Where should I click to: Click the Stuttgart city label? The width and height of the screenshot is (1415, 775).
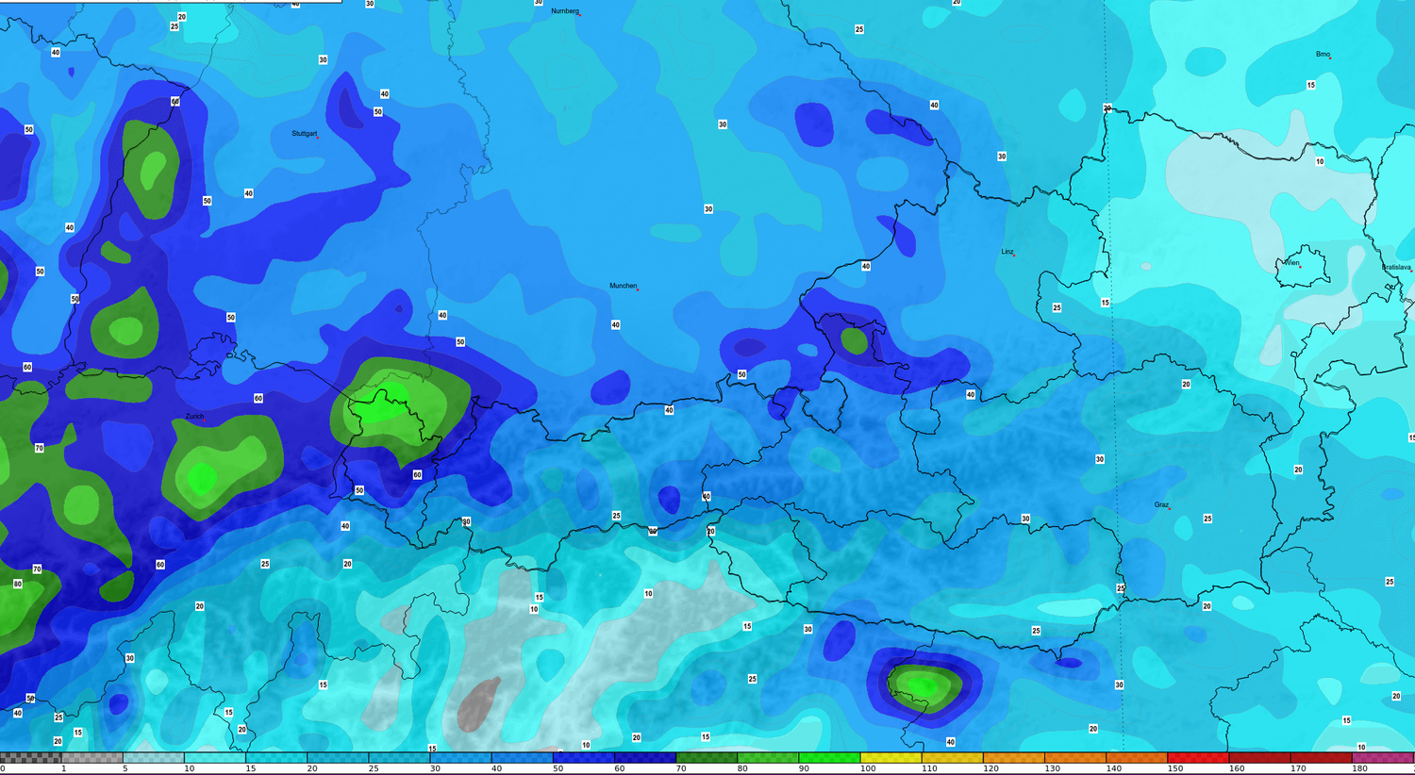pyautogui.click(x=304, y=134)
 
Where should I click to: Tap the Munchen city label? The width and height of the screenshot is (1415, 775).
pyautogui.click(x=623, y=286)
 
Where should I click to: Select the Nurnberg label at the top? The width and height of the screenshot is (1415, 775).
pyautogui.click(x=564, y=11)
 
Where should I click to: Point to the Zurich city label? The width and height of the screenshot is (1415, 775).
pyautogui.click(x=194, y=416)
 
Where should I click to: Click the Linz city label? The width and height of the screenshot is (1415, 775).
pyautogui.click(x=1007, y=252)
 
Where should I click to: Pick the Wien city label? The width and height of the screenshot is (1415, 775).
pyautogui.click(x=1291, y=263)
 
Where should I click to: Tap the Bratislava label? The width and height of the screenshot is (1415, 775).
pyautogui.click(x=1396, y=268)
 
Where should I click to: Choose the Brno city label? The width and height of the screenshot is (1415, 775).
pyautogui.click(x=1323, y=55)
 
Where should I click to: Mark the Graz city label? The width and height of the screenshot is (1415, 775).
pyautogui.click(x=1161, y=505)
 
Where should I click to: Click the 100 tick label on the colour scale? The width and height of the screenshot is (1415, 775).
pyautogui.click(x=868, y=769)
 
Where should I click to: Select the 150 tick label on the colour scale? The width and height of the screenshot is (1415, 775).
pyautogui.click(x=1175, y=769)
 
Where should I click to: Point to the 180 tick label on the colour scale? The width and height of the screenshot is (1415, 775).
pyautogui.click(x=1359, y=769)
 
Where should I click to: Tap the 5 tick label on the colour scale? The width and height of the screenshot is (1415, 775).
pyautogui.click(x=125, y=769)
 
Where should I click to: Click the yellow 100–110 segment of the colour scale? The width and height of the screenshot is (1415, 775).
pyautogui.click(x=891, y=757)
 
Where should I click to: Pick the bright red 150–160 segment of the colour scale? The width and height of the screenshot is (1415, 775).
pyautogui.click(x=1197, y=757)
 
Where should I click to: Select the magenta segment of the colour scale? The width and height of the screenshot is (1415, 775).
pyautogui.click(x=1383, y=757)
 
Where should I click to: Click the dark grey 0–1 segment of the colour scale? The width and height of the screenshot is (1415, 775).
pyautogui.click(x=31, y=757)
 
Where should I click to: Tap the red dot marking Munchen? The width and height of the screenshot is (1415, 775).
pyautogui.click(x=638, y=289)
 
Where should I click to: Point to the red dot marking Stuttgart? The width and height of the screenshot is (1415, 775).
pyautogui.click(x=318, y=138)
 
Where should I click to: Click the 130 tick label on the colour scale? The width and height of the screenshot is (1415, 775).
pyautogui.click(x=1052, y=769)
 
